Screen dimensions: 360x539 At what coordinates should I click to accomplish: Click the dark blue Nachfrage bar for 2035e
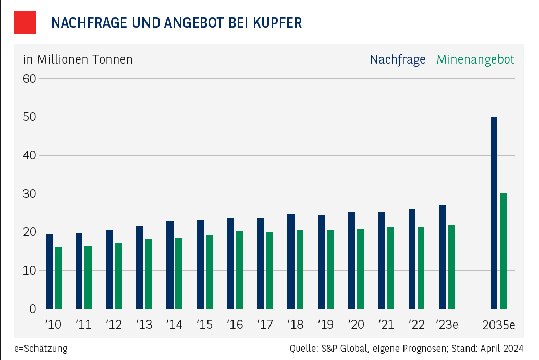click(x=494, y=213)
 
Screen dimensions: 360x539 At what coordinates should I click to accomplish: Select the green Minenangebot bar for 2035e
click(x=503, y=251)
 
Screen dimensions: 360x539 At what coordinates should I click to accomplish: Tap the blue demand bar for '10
click(x=49, y=271)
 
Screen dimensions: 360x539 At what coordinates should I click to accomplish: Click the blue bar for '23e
click(x=442, y=256)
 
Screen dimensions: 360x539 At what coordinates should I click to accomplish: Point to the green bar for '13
click(x=149, y=274)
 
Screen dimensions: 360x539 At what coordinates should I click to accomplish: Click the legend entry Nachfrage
click(x=397, y=59)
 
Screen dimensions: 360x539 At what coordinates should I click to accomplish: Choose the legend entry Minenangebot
click(x=475, y=59)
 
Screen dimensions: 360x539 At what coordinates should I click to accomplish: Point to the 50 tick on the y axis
click(x=30, y=117)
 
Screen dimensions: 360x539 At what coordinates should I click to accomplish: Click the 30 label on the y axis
click(x=30, y=194)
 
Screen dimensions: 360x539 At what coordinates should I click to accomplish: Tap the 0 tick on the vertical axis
click(x=33, y=309)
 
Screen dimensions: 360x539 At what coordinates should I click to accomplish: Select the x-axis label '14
click(x=174, y=325)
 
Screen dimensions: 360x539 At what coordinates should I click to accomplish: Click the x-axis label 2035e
click(x=498, y=325)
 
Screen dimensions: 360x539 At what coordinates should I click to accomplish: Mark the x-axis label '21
click(x=386, y=325)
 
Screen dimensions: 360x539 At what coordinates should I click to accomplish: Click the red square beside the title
click(x=24, y=22)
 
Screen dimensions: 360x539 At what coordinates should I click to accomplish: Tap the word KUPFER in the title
click(x=277, y=23)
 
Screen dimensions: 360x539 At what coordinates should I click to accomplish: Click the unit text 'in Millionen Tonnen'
click(x=78, y=59)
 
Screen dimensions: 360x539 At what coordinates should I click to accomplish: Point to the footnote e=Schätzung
click(x=41, y=349)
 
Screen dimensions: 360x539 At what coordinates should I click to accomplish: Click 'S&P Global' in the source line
click(x=344, y=349)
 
